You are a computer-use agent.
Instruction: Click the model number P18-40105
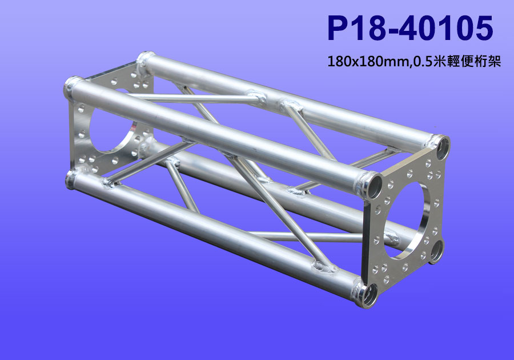410,28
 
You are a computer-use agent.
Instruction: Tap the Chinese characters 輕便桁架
473,61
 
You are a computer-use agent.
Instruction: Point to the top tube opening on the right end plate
443,148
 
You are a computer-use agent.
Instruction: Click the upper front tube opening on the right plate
374,186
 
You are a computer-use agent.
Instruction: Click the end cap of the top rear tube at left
144,57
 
